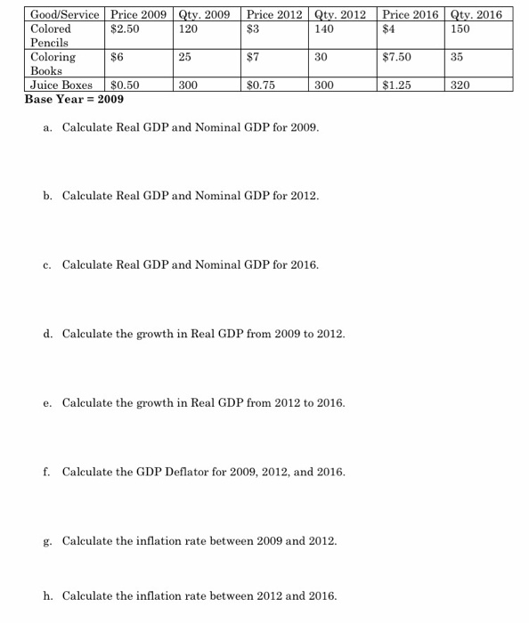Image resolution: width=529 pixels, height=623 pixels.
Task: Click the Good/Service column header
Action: click(x=66, y=14)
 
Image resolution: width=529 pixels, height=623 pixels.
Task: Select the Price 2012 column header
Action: click(x=275, y=14)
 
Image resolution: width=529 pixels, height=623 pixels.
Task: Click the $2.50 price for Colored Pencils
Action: click(x=125, y=28)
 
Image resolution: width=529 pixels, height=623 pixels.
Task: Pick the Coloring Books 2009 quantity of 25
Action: click(x=186, y=56)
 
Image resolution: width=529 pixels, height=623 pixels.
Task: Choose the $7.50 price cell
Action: click(x=396, y=56)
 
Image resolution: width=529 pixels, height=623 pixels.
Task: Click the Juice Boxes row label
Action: click(x=61, y=85)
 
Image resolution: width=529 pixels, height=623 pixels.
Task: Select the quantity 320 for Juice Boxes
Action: click(x=460, y=85)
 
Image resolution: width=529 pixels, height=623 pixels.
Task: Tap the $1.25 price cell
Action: click(x=396, y=85)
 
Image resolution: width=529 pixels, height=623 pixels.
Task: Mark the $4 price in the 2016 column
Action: click(x=388, y=28)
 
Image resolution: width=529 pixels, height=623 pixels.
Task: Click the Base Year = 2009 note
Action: click(x=74, y=99)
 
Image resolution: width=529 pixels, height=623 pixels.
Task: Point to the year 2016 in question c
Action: click(x=303, y=265)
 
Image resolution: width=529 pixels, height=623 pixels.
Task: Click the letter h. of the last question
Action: click(x=48, y=596)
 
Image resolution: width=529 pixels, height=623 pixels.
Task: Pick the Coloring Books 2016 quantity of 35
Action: click(x=458, y=56)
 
